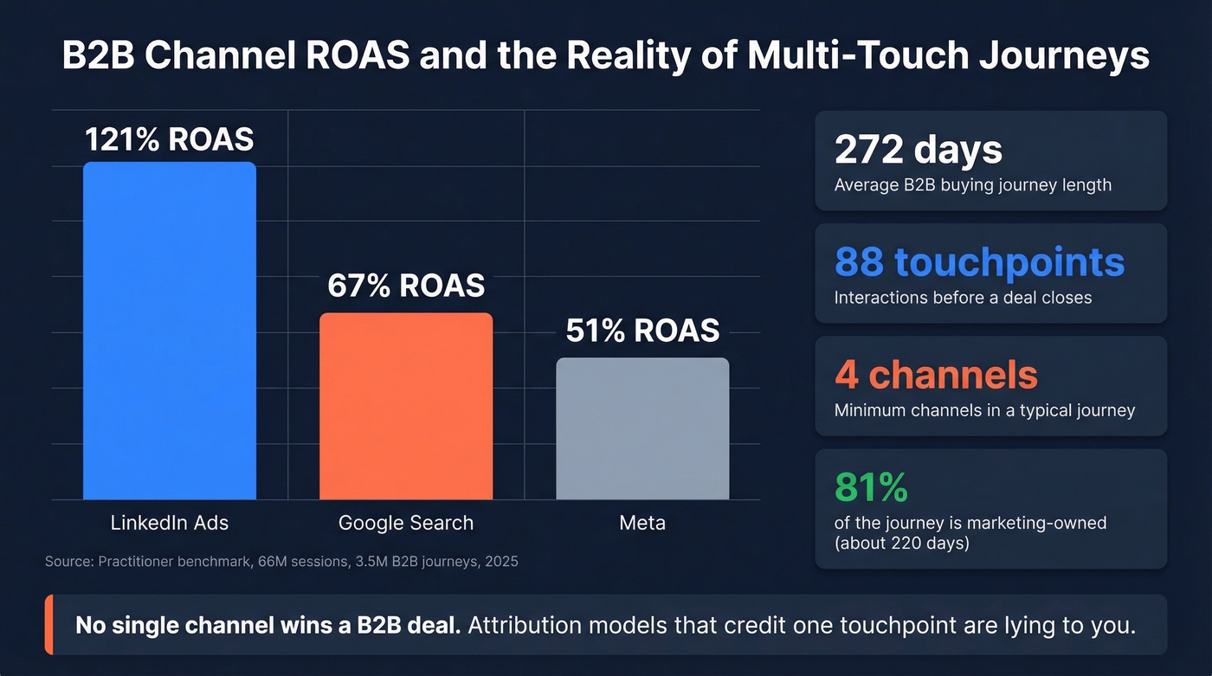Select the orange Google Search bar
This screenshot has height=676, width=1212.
click(x=405, y=406)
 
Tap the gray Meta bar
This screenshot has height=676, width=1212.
click(x=641, y=428)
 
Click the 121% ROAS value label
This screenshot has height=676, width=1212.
click(x=169, y=139)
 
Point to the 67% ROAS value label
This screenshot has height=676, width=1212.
click(x=405, y=286)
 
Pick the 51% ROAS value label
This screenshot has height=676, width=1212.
click(x=641, y=331)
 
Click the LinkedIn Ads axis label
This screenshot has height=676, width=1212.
click(x=169, y=523)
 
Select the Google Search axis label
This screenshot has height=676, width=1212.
click(x=405, y=523)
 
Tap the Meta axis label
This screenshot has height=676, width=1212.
click(x=641, y=523)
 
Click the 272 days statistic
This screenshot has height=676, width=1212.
click(x=918, y=150)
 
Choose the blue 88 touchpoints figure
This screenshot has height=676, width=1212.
click(x=979, y=262)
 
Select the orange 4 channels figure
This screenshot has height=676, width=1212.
click(x=935, y=375)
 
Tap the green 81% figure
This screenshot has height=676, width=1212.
click(x=871, y=487)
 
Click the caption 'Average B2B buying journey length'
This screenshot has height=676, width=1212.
click(x=972, y=185)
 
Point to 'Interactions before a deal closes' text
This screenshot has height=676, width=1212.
click(x=963, y=298)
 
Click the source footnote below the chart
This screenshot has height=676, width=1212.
click(x=281, y=562)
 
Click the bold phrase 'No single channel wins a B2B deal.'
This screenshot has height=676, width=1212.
click(x=268, y=625)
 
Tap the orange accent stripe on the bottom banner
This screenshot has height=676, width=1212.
click(x=48, y=625)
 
